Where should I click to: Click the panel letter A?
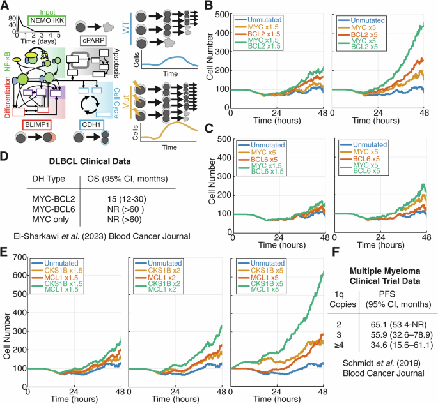pyautogui.click(x=5, y=6)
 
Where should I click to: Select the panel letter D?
pyautogui.click(x=6, y=154)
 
